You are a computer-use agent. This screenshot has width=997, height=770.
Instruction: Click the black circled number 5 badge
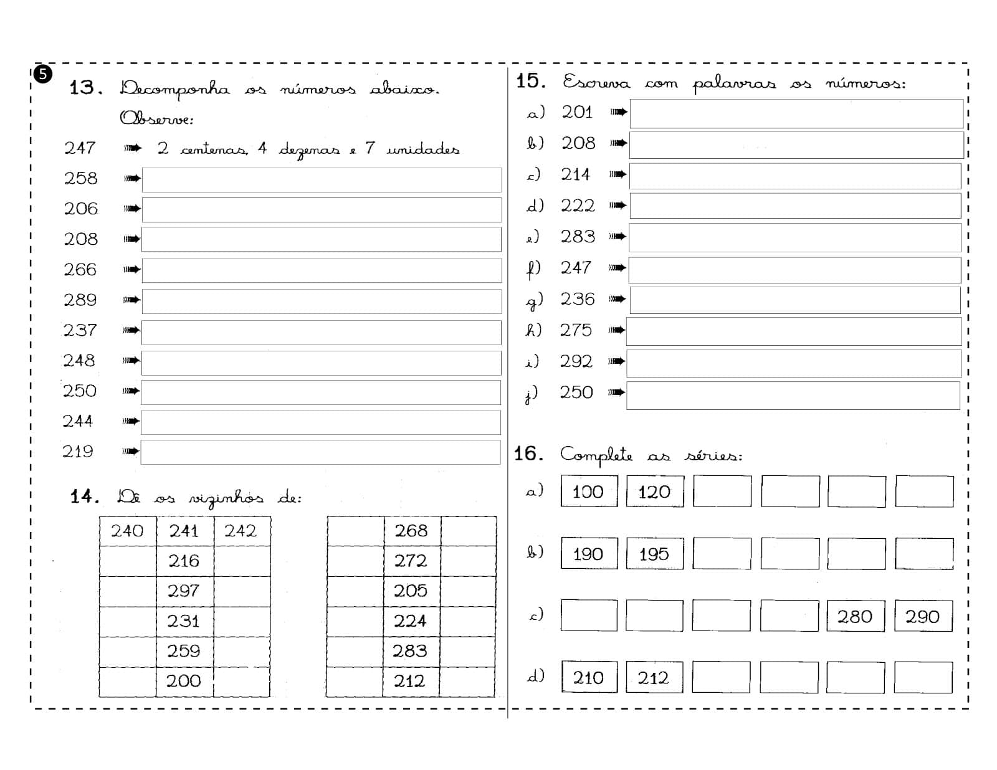click(x=42, y=74)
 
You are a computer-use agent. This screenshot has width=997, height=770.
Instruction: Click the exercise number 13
click(x=85, y=88)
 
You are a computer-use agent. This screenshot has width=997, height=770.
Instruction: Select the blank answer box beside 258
click(x=322, y=179)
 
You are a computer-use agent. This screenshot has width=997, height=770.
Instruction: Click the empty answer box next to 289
click(x=322, y=301)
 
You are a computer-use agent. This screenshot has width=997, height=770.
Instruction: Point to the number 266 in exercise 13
click(x=80, y=270)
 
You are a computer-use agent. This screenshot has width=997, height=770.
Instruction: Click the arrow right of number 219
click(x=131, y=451)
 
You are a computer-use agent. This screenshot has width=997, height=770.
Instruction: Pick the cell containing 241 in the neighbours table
click(x=184, y=531)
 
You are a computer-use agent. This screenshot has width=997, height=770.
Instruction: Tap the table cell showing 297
click(x=184, y=591)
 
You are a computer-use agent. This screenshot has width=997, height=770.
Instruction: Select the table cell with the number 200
click(x=184, y=682)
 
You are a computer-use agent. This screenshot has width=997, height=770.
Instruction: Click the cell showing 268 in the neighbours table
click(x=411, y=531)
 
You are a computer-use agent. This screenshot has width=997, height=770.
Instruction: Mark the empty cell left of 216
click(x=128, y=561)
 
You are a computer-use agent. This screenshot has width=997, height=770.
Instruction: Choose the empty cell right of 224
click(x=468, y=622)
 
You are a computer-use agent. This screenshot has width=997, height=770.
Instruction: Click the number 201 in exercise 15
click(x=577, y=112)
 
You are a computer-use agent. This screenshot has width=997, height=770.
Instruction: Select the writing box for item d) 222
click(x=795, y=206)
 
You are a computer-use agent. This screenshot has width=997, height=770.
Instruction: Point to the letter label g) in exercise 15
click(x=534, y=300)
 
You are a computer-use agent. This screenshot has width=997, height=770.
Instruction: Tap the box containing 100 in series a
click(x=589, y=492)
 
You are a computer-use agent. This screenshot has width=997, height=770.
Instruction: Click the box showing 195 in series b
click(x=654, y=554)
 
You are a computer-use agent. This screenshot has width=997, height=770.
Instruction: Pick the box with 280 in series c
click(x=855, y=616)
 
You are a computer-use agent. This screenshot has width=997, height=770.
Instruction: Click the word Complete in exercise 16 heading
click(x=596, y=455)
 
